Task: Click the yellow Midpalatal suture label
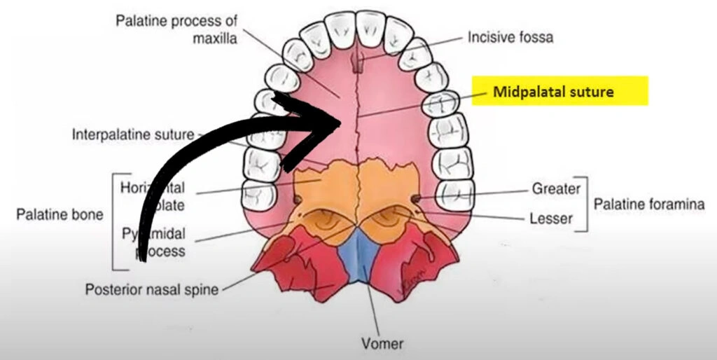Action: pos(559,92)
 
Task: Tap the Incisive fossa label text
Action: pos(510,37)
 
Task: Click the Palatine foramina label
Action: pos(648,205)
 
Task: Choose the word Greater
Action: pos(556,188)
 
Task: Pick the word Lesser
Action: pos(552,219)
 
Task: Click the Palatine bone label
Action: pos(60,214)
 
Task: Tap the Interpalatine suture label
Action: pos(133,134)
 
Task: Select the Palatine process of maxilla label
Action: pos(176,28)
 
